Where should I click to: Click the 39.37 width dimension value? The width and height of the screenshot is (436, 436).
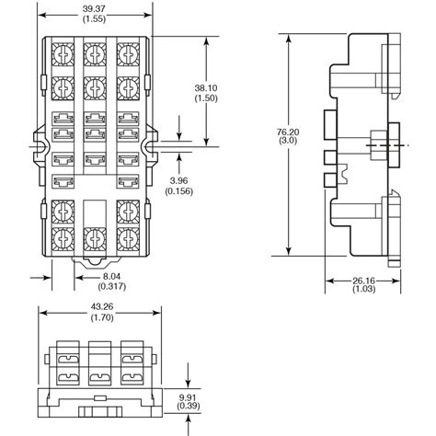[95, 6]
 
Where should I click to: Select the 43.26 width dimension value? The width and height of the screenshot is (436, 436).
[96, 306]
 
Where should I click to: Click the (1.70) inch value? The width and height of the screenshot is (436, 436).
[96, 318]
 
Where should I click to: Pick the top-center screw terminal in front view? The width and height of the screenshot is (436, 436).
[95, 54]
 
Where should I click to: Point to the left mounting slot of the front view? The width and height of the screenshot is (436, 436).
[40, 144]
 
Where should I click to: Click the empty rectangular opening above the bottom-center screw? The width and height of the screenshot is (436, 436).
[95, 210]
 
